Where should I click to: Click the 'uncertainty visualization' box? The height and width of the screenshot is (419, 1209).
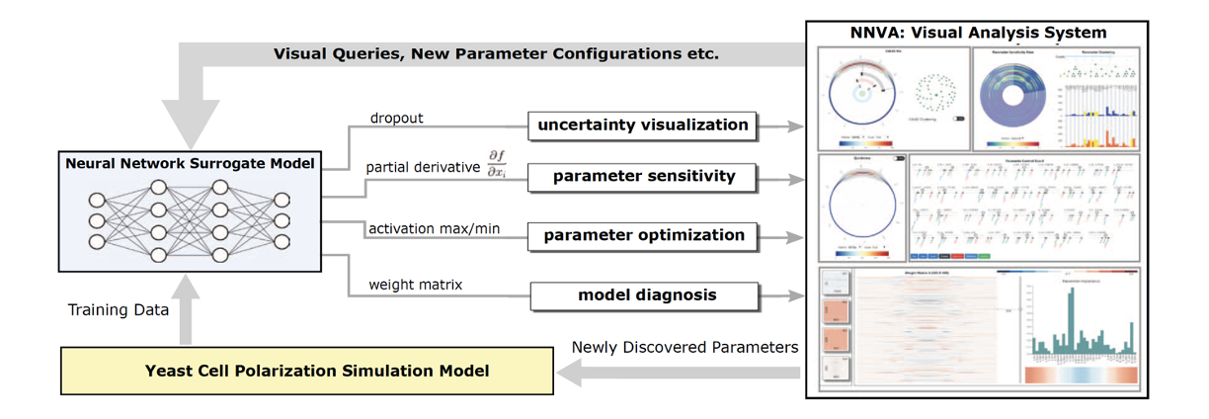click(643, 126)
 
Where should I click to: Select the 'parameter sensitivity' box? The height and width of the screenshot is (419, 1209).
click(643, 177)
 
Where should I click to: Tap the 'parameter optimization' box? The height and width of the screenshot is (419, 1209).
click(643, 236)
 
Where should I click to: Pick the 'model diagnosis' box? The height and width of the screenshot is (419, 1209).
click(647, 294)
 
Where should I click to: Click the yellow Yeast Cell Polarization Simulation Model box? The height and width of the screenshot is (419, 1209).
click(306, 371)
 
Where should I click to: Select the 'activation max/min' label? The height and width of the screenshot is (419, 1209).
click(434, 229)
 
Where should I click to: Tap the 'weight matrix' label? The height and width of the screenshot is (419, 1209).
click(414, 286)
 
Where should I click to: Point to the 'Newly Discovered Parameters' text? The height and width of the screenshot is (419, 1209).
click(684, 347)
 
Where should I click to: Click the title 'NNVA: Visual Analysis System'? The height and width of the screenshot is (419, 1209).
click(979, 33)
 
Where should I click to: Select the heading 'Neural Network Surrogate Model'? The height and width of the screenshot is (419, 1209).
click(190, 164)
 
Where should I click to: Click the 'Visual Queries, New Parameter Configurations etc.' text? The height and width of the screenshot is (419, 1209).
click(496, 53)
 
